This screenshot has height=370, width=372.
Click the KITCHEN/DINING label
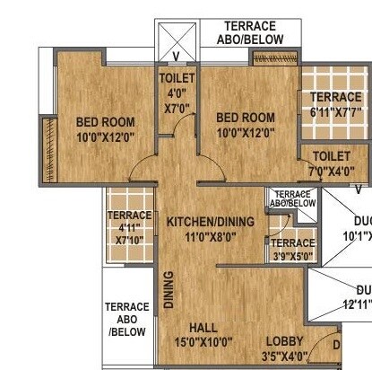212,222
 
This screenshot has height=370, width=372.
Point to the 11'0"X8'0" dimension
210,238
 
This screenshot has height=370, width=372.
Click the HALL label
203,327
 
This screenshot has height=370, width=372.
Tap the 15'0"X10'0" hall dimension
203,342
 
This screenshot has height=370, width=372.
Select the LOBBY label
284,340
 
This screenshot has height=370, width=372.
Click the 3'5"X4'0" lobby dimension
285,356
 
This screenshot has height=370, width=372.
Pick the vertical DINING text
168,291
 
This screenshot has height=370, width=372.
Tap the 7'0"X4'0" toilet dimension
331,170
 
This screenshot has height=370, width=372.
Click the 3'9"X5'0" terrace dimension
293,256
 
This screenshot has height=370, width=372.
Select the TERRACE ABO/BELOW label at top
250,32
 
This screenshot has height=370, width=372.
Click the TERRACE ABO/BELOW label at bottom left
126,319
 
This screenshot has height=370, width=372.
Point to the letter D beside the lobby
336,345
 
